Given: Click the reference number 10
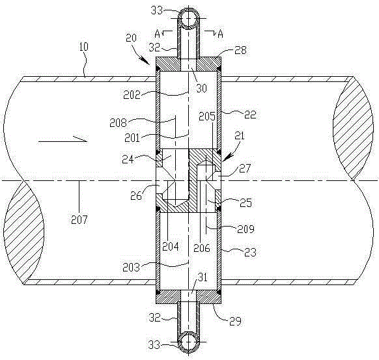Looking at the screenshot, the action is (x=84, y=47).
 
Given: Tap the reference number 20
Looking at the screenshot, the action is (x=132, y=38).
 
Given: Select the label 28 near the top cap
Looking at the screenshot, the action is (x=241, y=50).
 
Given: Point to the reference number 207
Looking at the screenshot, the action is (x=79, y=219).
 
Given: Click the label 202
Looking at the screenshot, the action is (x=132, y=95).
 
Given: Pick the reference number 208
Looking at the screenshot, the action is (x=118, y=123).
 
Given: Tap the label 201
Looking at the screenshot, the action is (x=132, y=138).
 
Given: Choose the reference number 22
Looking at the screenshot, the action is (x=250, y=115).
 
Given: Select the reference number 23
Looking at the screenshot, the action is (x=250, y=252).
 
